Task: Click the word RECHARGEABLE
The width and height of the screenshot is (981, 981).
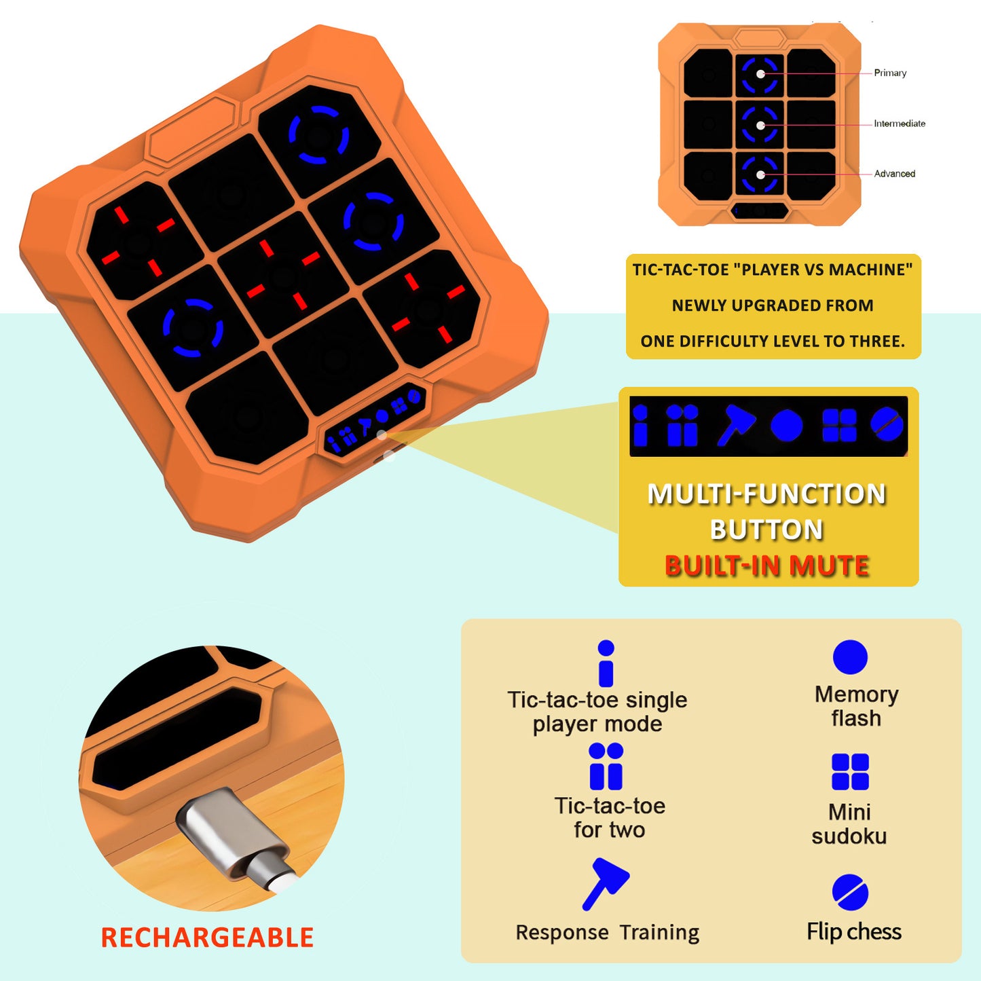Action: coord(207,938)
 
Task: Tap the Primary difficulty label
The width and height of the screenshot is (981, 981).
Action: coord(890,73)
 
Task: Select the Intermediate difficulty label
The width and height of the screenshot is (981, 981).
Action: coord(900,124)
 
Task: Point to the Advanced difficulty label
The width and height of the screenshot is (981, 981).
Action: coord(894,174)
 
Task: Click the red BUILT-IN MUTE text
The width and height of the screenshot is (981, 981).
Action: coord(766,566)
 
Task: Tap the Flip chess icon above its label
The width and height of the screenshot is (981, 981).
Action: coord(850,892)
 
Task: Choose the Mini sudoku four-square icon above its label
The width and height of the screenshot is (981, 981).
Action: coord(850,772)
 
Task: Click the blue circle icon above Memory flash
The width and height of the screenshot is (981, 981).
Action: coord(850,657)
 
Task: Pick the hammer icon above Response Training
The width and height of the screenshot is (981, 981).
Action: coord(606,883)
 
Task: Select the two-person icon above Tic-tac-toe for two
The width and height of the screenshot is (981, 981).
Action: coord(606,766)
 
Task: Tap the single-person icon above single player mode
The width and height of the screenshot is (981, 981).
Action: coord(606,663)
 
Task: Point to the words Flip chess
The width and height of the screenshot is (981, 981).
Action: coord(854,931)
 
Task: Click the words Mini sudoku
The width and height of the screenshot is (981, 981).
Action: coord(849,824)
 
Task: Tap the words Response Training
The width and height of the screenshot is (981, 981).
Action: coord(607,933)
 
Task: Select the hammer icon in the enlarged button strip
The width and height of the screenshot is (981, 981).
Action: coord(736,426)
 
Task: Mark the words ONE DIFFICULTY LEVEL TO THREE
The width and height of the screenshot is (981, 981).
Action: coord(773,341)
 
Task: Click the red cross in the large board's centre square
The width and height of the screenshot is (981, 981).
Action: coord(282,275)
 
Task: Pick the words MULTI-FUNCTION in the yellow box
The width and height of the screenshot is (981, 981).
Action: coord(766,494)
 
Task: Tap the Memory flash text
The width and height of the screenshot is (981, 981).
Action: coord(856,706)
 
